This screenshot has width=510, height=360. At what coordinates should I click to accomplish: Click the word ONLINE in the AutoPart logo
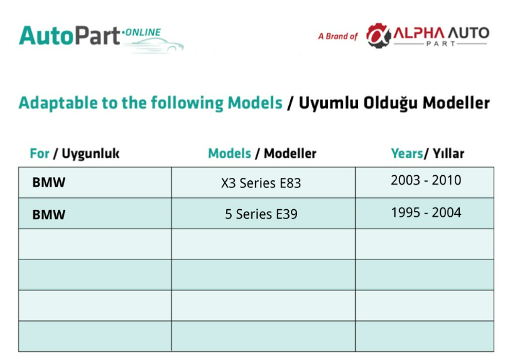[143, 32]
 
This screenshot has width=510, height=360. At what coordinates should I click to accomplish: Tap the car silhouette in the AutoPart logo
[153, 45]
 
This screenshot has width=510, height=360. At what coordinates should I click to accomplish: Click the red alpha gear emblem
[378, 35]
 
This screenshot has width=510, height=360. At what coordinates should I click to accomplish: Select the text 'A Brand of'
[338, 36]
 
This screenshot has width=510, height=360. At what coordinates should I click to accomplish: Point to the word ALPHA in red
[418, 33]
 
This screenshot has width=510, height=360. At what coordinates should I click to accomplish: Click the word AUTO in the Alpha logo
[469, 33]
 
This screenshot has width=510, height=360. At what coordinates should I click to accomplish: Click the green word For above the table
[40, 153]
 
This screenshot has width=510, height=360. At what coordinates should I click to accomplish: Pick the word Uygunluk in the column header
[90, 154]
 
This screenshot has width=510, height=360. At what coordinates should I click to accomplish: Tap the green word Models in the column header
[229, 153]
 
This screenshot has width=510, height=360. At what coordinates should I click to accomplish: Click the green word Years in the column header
[406, 153]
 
